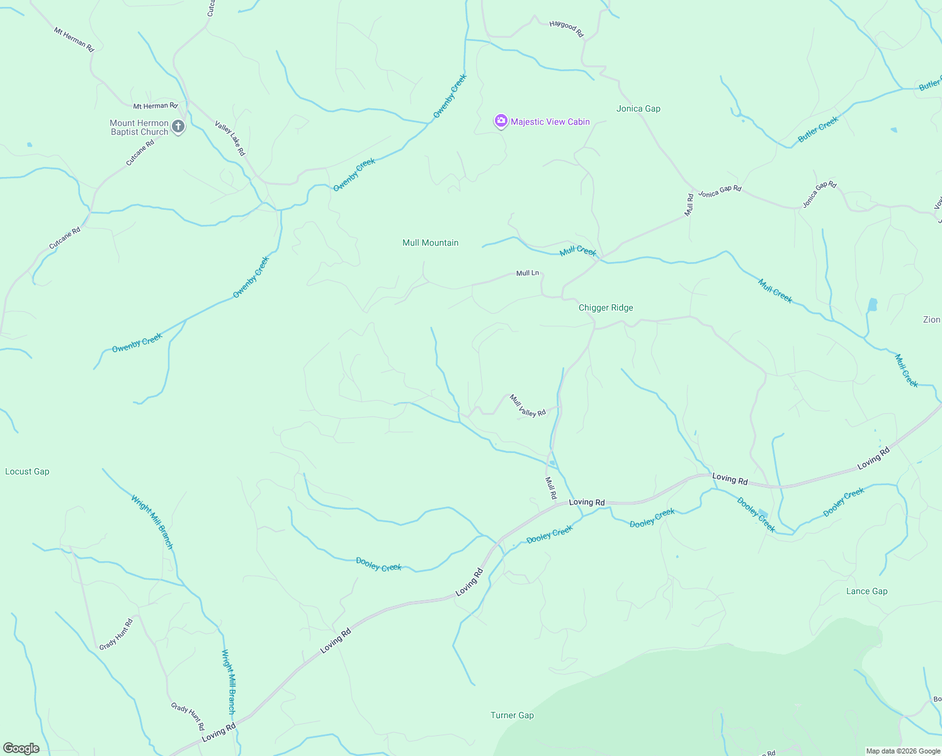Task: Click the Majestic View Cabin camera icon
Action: click(501, 122)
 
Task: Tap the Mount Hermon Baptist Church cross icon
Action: click(178, 127)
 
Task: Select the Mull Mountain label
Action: click(431, 243)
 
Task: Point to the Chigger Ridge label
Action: click(606, 307)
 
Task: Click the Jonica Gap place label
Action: click(638, 108)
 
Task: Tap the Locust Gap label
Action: click(27, 471)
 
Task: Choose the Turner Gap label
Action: click(512, 715)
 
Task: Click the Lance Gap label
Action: click(866, 591)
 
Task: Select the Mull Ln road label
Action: click(528, 273)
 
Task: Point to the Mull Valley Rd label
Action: click(528, 405)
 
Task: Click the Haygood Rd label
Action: click(567, 28)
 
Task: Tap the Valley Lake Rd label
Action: click(230, 138)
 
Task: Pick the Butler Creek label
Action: click(818, 130)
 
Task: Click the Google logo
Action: click(21, 748)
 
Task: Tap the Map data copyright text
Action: click(903, 751)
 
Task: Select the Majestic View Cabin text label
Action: click(550, 122)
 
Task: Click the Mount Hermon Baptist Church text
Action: click(139, 127)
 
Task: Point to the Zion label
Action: click(931, 319)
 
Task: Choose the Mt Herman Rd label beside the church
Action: click(156, 106)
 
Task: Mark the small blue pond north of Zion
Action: click(872, 306)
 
